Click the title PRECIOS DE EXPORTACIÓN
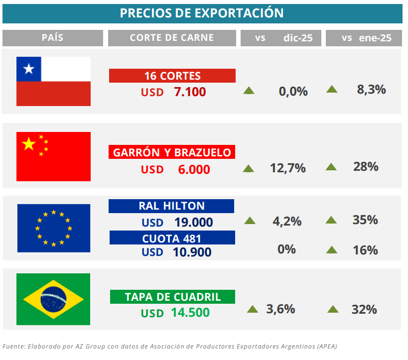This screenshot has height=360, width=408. coord(202,13)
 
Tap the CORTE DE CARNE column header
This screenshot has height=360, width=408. coord(172,38)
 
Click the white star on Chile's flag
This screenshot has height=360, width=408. coord(29,69)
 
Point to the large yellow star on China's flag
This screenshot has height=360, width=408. coord(28,144)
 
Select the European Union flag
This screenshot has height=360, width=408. coord(53,228)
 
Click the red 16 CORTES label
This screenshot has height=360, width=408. coord(172,76)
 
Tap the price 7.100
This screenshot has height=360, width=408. coord(190,92)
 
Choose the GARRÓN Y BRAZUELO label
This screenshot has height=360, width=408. coord(172,152)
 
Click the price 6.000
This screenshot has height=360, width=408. coord(194,169)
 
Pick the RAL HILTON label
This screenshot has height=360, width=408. coord(171,206)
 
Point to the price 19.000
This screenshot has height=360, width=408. coord(193,222)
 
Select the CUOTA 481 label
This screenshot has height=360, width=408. coord(171,238)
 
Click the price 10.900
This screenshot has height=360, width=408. coord(192,252)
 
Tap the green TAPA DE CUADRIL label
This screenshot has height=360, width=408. coord(172,297)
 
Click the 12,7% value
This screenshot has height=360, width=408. coord(287,168)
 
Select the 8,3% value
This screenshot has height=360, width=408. coord(371,90)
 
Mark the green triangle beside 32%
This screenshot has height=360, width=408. coord(333,310)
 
